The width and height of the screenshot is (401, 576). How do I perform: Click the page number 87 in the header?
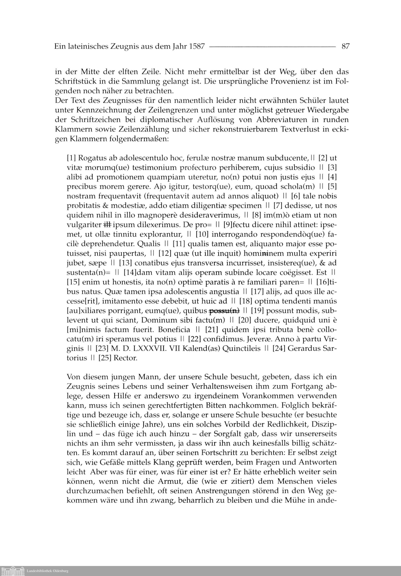point(345,46)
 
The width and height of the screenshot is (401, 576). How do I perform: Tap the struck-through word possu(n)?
point(224,311)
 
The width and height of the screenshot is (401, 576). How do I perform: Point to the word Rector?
point(126,358)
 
